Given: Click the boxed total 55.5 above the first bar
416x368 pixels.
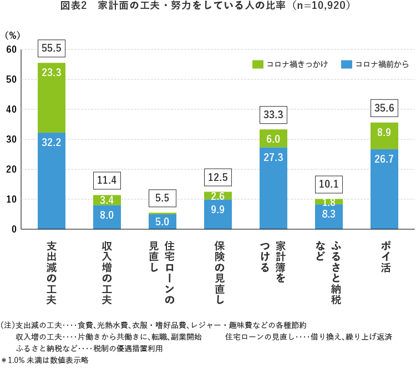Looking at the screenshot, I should (x=51, y=48).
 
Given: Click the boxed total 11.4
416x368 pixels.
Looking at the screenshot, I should (x=106, y=180).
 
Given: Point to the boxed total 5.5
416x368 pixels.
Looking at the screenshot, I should (x=163, y=198).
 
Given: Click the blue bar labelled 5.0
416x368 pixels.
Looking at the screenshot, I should (x=163, y=221).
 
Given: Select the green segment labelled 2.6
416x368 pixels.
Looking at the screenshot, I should (x=218, y=195).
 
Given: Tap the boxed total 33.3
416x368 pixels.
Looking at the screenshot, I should (x=273, y=115).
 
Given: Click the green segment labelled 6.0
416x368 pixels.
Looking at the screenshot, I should (x=273, y=139).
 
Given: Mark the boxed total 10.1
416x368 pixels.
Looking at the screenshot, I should (x=329, y=184).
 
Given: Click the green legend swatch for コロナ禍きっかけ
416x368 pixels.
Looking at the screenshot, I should (x=257, y=64).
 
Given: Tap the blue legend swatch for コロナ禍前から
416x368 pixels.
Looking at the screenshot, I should (x=347, y=64).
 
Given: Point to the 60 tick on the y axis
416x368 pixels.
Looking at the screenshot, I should (x=12, y=50).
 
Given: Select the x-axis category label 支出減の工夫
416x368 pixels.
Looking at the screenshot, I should (x=51, y=273).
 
